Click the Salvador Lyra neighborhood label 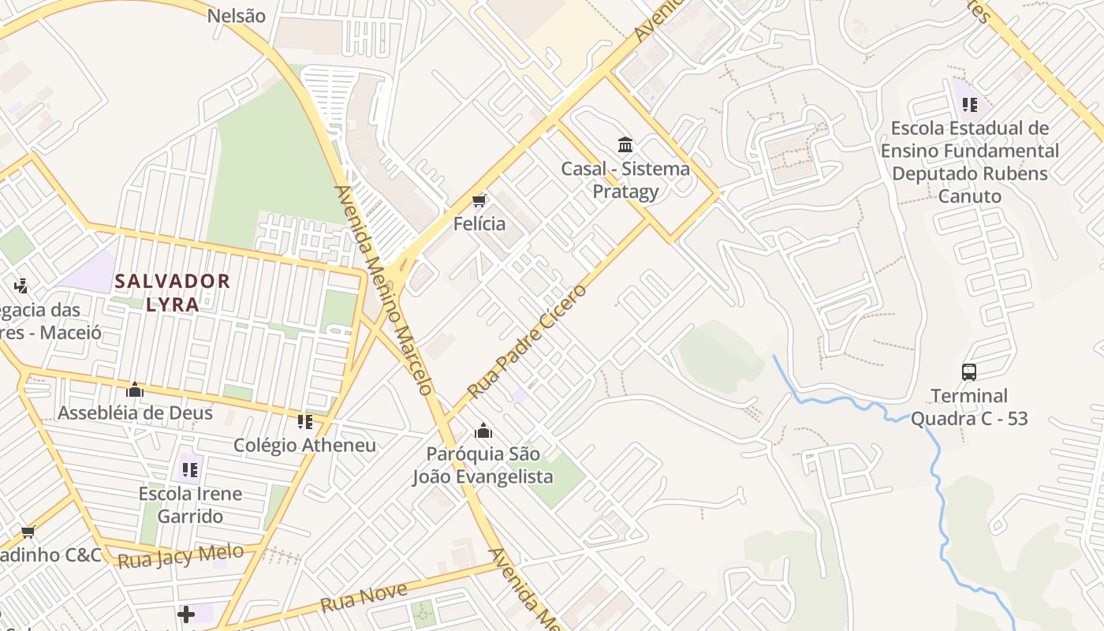[173, 292]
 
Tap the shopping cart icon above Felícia [479, 200]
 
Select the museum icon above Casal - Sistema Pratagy [626, 144]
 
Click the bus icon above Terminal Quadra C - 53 [969, 372]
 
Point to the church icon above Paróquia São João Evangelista [483, 431]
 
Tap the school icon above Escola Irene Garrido [190, 470]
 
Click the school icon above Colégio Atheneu [305, 422]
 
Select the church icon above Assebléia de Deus [135, 390]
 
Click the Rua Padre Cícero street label [528, 342]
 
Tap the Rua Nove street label [364, 598]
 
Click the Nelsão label [237, 16]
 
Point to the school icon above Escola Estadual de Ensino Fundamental [969, 104]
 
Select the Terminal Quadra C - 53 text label [969, 407]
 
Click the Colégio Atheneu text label [305, 445]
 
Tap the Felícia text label [479, 223]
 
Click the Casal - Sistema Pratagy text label [626, 180]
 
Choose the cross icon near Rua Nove [186, 614]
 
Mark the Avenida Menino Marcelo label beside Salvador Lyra [384, 289]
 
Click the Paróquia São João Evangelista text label [483, 465]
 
